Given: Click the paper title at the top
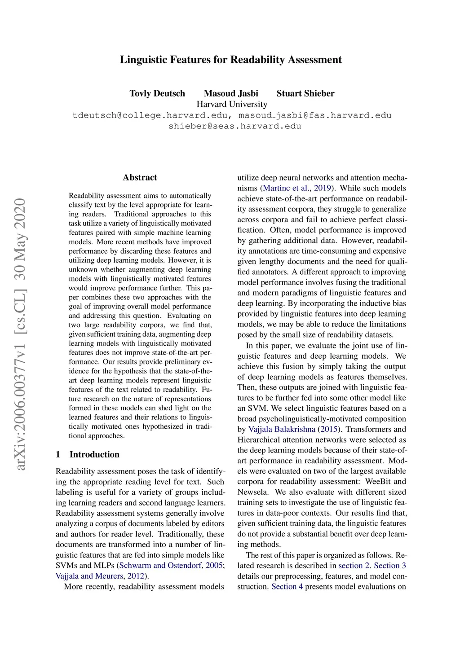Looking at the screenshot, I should [x=230, y=60].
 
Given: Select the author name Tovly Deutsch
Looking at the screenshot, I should [x=157, y=93].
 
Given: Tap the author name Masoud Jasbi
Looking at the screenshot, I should [x=231, y=93].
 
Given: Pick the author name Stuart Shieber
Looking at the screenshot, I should [x=305, y=93].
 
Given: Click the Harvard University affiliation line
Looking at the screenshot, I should [x=232, y=104].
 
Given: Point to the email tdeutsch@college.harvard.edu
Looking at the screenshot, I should [x=150, y=115].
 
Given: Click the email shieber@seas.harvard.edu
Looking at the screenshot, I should [x=234, y=126].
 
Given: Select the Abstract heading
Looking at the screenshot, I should [x=140, y=177].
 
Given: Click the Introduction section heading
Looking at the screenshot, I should [x=94, y=454].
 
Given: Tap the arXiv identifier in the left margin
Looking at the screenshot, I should [x=21, y=334].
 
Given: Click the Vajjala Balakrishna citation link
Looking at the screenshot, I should [x=282, y=429].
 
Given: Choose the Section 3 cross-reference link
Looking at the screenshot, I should [x=390, y=566].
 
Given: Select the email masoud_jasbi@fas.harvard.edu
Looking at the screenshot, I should [x=315, y=115].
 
